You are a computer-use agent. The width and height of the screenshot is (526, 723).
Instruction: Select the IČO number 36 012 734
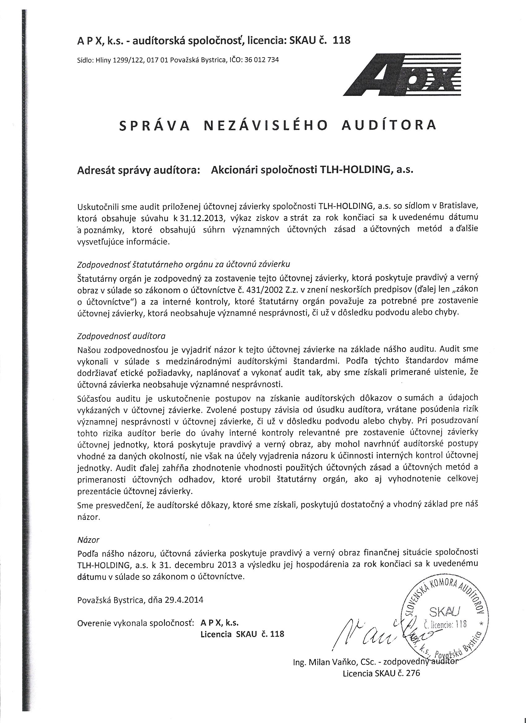click(x=261, y=60)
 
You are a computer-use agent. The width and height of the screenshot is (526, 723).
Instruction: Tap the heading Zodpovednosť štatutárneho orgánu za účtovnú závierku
click(x=183, y=264)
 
